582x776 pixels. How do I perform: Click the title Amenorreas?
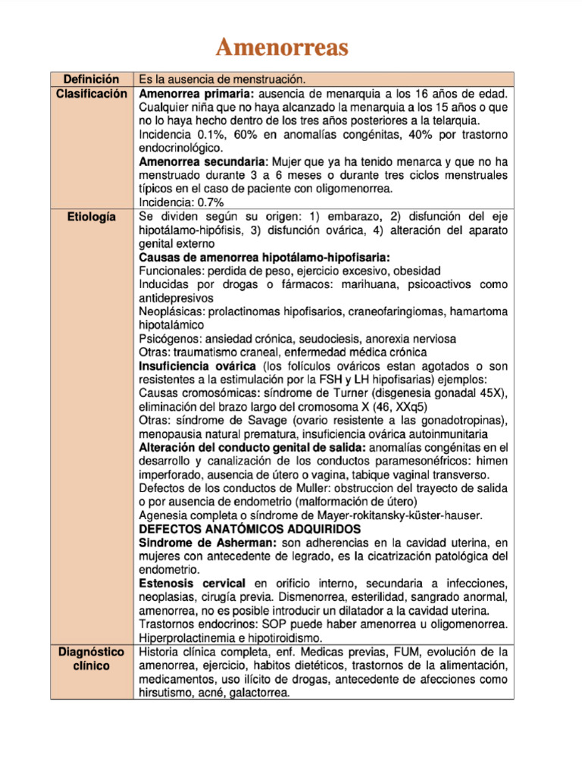282,48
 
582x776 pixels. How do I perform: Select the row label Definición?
91,79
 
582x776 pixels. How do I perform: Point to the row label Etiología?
91,217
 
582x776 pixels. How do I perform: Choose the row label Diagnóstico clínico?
91,659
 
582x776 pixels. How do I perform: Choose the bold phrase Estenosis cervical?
192,584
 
